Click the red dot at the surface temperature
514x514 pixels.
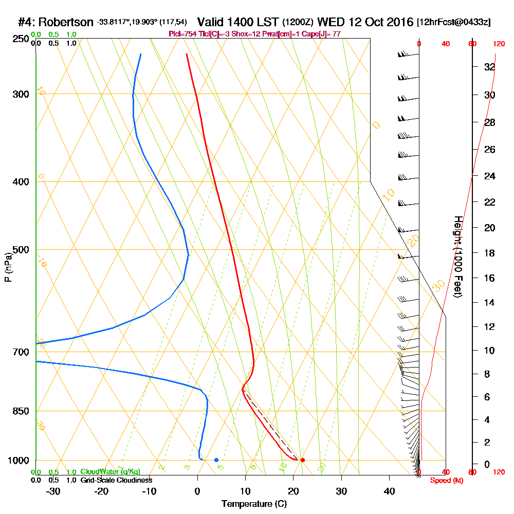[303, 460]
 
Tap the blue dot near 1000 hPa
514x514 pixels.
[216, 460]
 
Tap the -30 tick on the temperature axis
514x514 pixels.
[53, 491]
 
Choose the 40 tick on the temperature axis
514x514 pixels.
[389, 491]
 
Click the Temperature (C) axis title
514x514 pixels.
[254, 504]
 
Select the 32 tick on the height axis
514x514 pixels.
[489, 67]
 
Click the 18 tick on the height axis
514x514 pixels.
[489, 253]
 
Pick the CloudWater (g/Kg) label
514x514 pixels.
[110, 472]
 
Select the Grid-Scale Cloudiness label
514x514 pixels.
[116, 480]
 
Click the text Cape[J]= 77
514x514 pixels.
[321, 34]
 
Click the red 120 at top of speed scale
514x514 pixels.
[498, 44]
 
